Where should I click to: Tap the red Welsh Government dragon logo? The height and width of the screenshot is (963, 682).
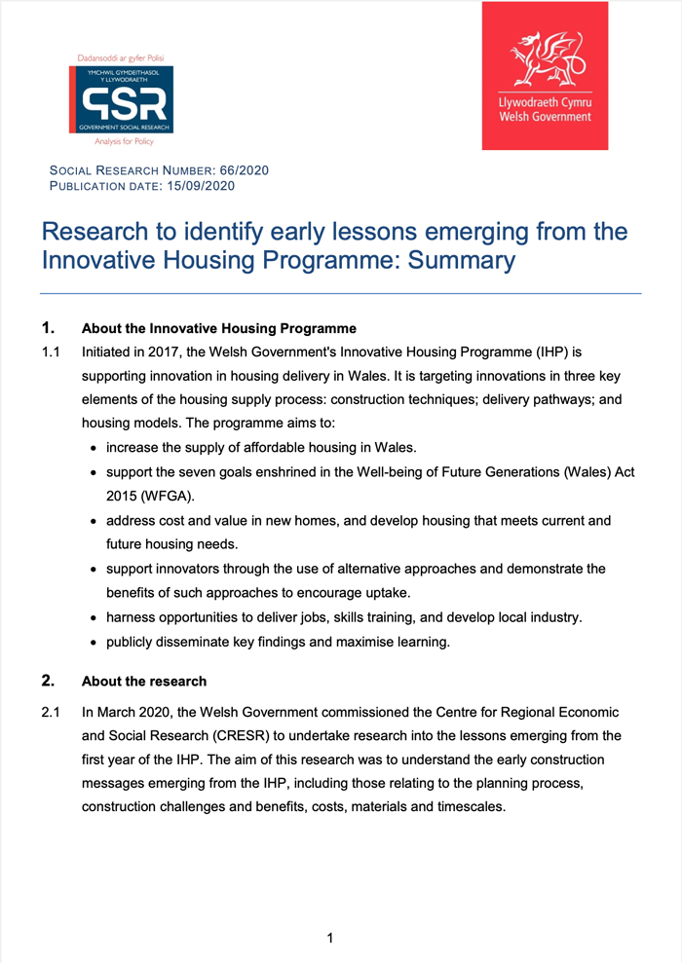(x=545, y=76)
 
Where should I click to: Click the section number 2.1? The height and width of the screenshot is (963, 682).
(x=51, y=713)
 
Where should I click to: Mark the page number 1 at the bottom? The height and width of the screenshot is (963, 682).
(x=330, y=939)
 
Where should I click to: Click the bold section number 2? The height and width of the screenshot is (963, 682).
(x=47, y=681)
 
